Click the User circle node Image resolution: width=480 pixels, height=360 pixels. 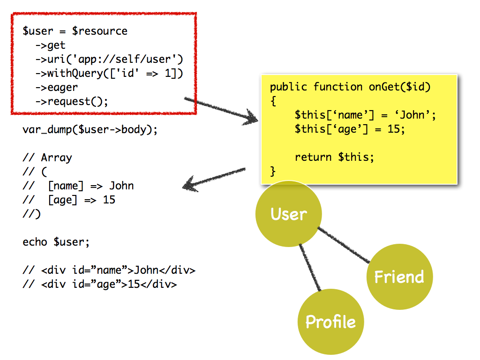coord(289,214)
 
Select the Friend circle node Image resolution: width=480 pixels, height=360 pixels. coord(399,277)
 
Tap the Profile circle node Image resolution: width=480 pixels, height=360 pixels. coord(330,322)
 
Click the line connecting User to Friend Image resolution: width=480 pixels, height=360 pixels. coord(344,245)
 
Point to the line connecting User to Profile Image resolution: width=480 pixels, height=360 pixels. coord(310,267)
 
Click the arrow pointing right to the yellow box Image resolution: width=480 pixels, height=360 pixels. coord(221,110)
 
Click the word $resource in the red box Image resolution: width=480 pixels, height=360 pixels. coord(99,31)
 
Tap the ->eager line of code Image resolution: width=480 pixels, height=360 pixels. coord(57,88)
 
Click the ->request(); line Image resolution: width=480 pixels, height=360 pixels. coord(72,101)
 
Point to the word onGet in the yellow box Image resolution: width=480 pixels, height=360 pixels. coord(384,87)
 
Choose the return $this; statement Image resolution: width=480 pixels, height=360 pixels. coord(334,157)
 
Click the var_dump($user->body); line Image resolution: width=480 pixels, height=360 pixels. coord(90,129)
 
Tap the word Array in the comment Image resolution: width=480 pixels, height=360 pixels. coord(57,158)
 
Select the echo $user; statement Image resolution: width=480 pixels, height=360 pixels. coord(56,242)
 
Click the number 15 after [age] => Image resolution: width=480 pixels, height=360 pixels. coord(109,200)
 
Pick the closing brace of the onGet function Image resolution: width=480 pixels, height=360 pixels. coord(273,171)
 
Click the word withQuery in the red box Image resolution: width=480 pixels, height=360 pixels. coord(75,74)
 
